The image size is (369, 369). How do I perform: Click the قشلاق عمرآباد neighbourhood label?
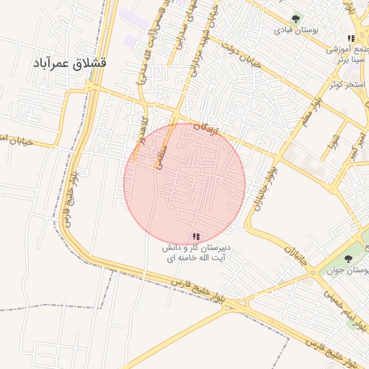(x=69, y=63)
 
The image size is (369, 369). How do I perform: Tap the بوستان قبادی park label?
(x=295, y=31)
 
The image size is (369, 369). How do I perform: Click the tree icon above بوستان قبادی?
(x=295, y=19)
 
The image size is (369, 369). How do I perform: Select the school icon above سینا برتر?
(x=351, y=38)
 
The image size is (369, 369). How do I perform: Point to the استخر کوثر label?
(x=344, y=84)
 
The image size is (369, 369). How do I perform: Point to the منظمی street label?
(x=160, y=156)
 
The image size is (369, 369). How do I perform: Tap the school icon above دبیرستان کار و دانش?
(x=197, y=236)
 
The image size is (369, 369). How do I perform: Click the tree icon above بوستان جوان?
(x=348, y=258)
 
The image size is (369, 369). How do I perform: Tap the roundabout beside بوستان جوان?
(x=312, y=272)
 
